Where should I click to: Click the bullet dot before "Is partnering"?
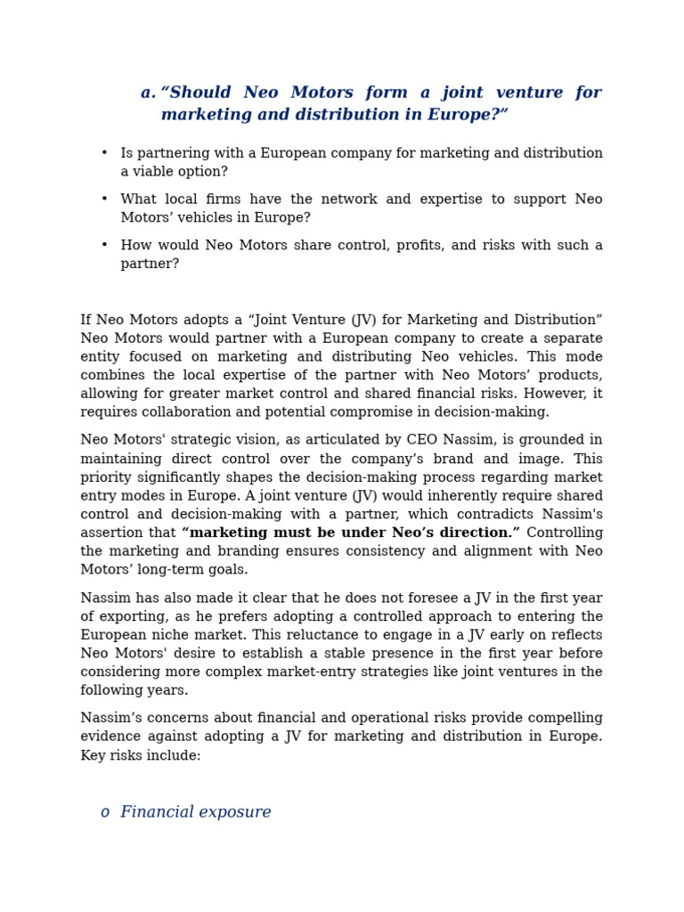coord(104,153)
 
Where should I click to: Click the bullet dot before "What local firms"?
coord(104,199)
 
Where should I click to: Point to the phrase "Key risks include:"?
coord(141,755)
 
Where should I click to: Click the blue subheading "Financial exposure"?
coord(195,812)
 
